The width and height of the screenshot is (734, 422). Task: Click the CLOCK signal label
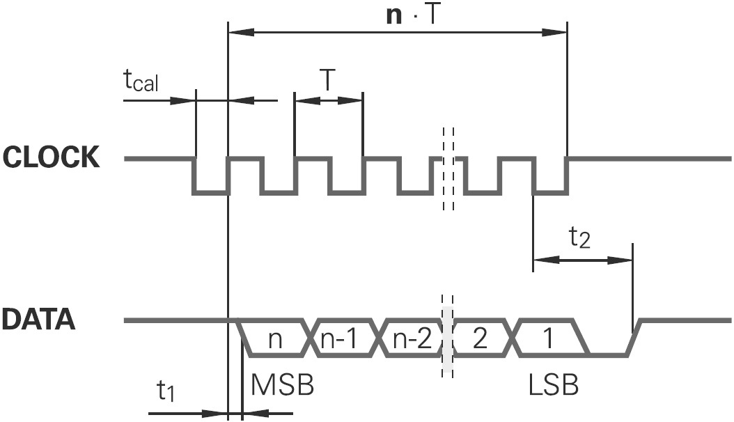click(52, 158)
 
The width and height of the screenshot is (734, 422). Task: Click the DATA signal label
click(38, 320)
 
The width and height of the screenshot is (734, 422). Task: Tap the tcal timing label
click(141, 81)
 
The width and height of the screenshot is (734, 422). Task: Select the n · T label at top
click(414, 15)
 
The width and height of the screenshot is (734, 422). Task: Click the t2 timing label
click(580, 239)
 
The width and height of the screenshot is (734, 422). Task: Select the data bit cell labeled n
click(275, 338)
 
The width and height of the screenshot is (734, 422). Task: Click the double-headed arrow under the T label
click(329, 100)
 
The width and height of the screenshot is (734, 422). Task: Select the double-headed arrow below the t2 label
click(582, 260)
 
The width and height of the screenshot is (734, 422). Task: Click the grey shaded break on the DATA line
click(448, 338)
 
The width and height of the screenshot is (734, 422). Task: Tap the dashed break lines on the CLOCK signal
click(448, 167)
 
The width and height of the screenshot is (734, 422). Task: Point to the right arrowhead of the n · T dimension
click(559, 31)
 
